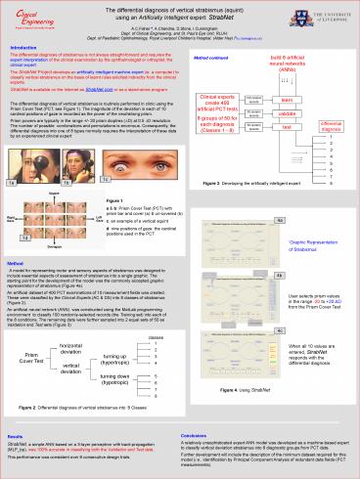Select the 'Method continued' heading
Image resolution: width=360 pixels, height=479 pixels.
[x=202, y=56]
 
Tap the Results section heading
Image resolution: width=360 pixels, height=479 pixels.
[x=16, y=437]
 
